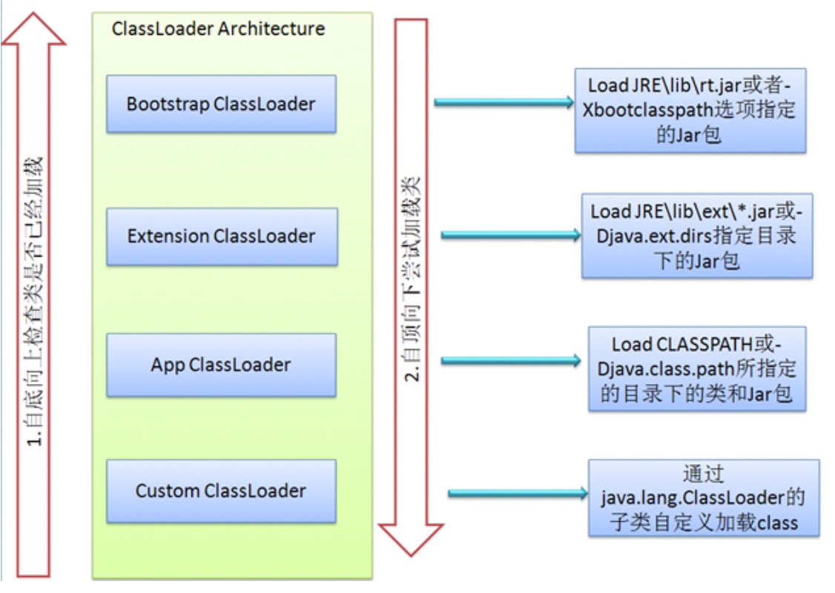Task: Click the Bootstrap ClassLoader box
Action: coord(221,104)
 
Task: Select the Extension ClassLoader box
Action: coord(222,236)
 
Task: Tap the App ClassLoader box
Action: coord(221,365)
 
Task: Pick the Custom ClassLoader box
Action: coord(221,491)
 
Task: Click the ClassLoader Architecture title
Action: coord(218,28)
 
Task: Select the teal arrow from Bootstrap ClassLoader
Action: coord(504,102)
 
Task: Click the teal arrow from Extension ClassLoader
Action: coord(511,235)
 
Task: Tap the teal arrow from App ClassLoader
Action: coord(511,361)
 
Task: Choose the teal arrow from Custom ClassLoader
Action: coord(518,494)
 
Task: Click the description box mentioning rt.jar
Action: coord(690,110)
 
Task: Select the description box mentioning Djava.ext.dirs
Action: coord(697,236)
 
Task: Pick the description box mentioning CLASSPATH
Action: coord(697,369)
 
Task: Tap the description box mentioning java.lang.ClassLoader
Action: coord(704,498)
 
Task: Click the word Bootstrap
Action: coord(168,105)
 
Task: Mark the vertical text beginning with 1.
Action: coord(33,301)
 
